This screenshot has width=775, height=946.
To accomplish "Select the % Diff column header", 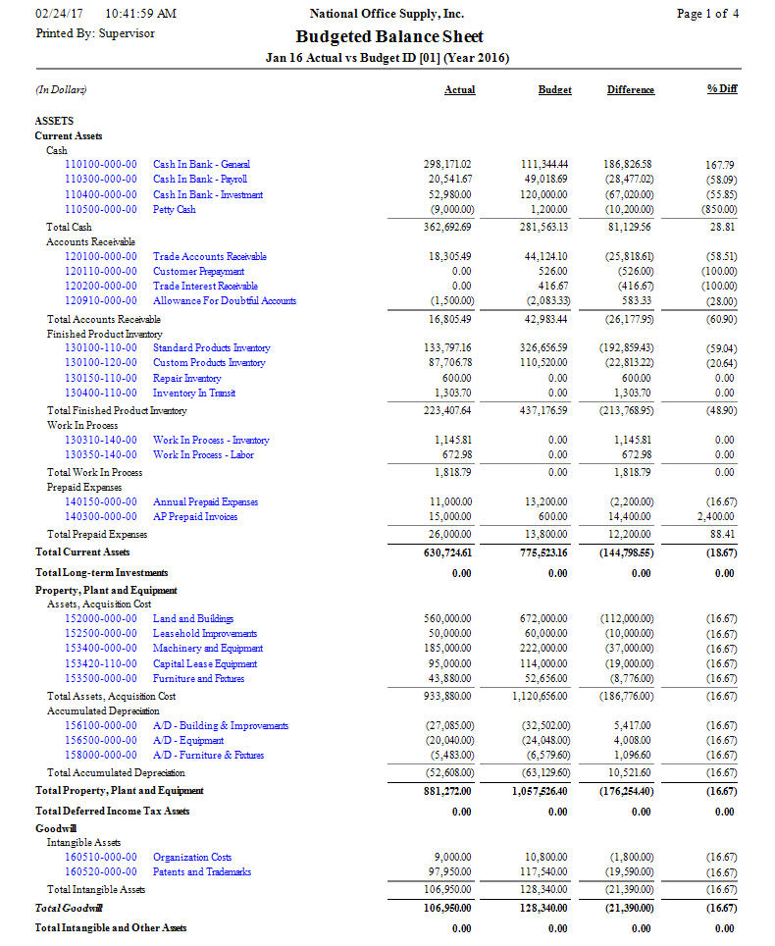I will pos(721,89).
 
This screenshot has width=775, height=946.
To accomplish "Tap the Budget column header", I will pos(554,89).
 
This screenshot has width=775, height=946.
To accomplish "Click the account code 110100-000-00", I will pos(101,164).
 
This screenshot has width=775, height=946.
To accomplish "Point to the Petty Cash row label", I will pos(175,209).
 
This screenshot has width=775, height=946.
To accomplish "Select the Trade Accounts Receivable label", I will pos(210,256).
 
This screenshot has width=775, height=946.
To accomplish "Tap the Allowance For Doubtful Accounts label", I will pos(225,300).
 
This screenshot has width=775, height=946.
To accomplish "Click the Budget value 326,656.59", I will pos(543,347).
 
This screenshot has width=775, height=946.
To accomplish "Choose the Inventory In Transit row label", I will pos(194,393).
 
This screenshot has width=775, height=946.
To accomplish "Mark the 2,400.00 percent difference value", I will pos(716,516).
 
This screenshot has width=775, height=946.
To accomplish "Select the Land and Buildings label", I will pos(193,618).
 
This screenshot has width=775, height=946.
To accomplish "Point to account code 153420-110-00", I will pos(101,663).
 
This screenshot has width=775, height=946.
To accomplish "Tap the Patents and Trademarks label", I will pos(202,871).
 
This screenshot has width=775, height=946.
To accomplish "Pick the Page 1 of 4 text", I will pos(707,14).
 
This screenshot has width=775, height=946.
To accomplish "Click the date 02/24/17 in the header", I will pos(60,14).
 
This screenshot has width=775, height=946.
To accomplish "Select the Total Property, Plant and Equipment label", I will pos(120,790).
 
